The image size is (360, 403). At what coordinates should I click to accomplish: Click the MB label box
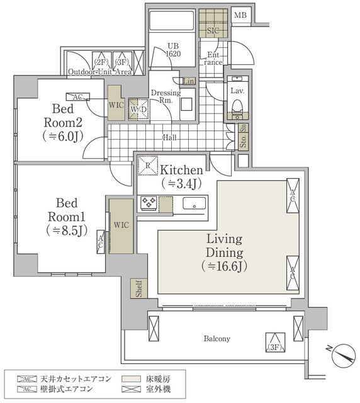click(x=240, y=16)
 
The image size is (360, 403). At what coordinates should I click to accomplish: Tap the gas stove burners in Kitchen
click(x=149, y=202)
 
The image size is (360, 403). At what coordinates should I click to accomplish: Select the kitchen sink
click(x=194, y=203)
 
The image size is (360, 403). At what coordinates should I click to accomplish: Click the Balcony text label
click(x=217, y=339)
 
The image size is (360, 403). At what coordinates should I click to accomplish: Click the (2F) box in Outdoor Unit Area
click(x=102, y=63)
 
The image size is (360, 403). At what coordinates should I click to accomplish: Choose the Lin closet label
click(x=189, y=81)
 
